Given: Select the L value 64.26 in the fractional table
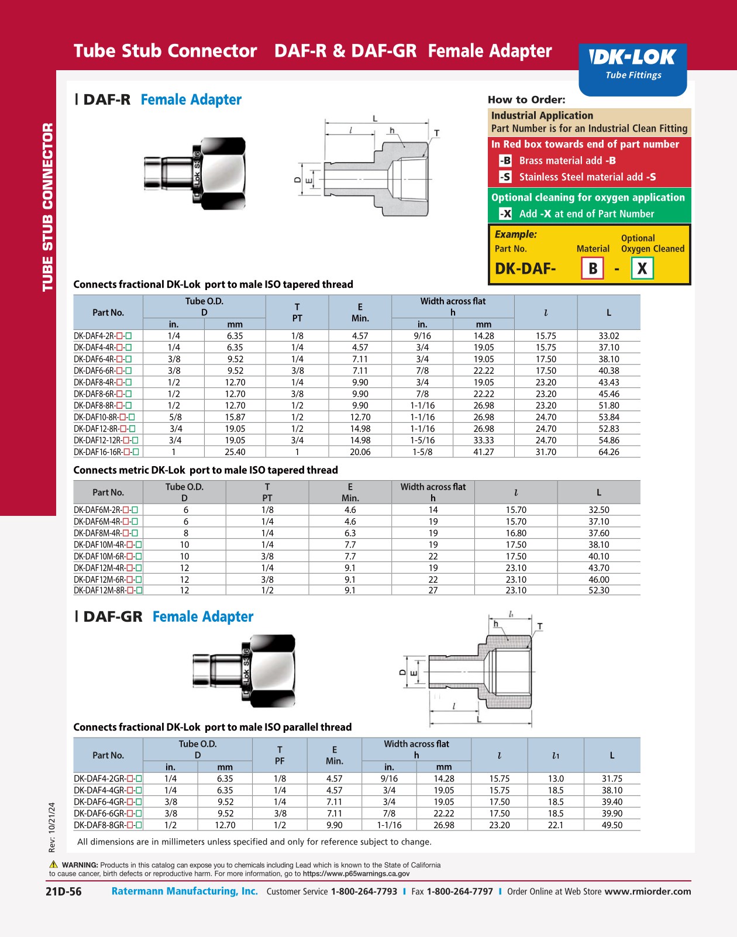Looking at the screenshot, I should [x=608, y=452].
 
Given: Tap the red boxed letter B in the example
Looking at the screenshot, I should [x=593, y=268].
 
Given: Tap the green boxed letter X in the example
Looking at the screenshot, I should [x=642, y=268].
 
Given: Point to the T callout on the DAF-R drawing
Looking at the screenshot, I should [x=436, y=133].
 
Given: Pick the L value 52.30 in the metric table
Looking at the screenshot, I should [x=598, y=591].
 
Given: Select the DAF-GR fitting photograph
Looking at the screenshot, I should [x=244, y=668].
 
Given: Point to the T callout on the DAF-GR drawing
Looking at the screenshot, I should [x=539, y=626].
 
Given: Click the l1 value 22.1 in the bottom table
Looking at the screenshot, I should [x=555, y=825].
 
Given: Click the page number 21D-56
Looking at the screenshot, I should [x=63, y=891].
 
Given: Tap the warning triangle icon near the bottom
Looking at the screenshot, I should [x=54, y=864].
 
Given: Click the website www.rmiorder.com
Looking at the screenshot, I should [x=648, y=891].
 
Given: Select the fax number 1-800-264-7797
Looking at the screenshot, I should [x=459, y=891].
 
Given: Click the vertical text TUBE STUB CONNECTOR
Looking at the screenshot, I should [x=47, y=207].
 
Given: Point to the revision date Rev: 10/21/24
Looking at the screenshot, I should [x=52, y=826].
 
